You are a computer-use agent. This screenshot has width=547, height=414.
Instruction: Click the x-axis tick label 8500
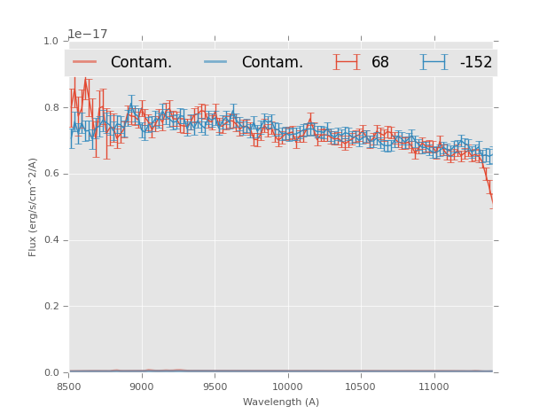[69, 387]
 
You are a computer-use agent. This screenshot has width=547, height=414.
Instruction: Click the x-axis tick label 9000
[142, 387]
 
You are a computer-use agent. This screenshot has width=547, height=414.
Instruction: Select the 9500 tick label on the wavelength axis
[215, 387]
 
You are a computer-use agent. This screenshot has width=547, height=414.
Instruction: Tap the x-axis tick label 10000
[287, 387]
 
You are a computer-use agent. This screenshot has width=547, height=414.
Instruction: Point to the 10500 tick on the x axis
[360, 387]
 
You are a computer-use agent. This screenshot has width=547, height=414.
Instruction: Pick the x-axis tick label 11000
[433, 387]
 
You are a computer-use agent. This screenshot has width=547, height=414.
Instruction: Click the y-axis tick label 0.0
[51, 372]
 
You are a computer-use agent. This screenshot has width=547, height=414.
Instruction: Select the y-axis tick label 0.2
[51, 306]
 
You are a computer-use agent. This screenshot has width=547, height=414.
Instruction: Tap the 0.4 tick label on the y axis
[51, 239]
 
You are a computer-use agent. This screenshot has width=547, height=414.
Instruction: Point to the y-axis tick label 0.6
[51, 174]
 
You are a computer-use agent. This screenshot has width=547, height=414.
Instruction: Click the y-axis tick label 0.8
[51, 107]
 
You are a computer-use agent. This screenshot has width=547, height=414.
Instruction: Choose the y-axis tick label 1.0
[51, 41]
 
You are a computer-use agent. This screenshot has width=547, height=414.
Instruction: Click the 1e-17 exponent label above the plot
[88, 34]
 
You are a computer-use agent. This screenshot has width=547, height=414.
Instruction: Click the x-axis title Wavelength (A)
[281, 402]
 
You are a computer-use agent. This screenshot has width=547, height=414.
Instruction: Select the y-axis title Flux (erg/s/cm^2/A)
[33, 207]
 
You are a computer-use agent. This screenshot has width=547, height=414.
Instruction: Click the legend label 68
[380, 63]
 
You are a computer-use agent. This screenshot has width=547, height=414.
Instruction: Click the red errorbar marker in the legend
[347, 62]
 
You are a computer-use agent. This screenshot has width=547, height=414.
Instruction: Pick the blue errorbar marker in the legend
[434, 62]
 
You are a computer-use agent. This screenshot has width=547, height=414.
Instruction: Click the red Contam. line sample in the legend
[85, 62]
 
